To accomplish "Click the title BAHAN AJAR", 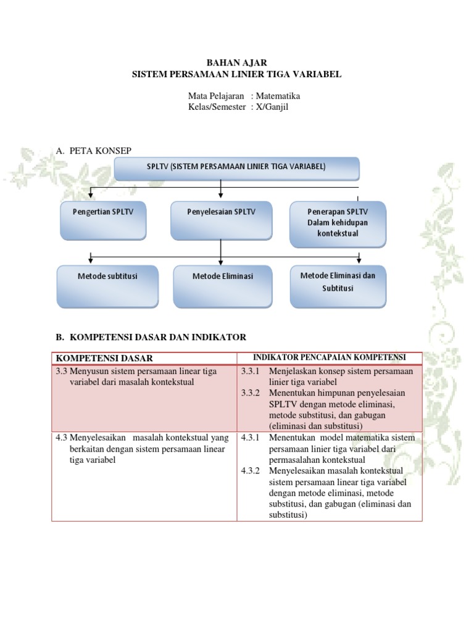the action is [x=236, y=62].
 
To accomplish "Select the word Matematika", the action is [x=278, y=96].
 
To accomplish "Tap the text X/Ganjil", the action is [x=272, y=107].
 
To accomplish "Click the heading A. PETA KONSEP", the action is [x=94, y=151].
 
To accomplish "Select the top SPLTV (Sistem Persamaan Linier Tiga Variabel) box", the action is [x=236, y=168].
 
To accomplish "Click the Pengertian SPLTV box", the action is [x=103, y=220].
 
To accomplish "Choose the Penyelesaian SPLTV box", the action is [x=222, y=220].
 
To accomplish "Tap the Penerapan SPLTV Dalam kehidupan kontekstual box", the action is [x=338, y=224].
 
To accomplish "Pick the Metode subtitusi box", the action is [x=107, y=286].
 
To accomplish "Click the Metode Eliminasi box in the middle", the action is [x=223, y=286].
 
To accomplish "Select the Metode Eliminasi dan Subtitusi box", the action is [x=338, y=286].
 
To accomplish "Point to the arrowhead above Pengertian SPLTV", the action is [x=91, y=195].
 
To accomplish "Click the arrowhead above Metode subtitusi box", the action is [x=91, y=260].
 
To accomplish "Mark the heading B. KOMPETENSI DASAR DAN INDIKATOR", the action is [x=151, y=338].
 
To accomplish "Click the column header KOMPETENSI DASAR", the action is [x=104, y=359].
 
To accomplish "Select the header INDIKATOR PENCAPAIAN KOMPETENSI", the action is [x=330, y=357].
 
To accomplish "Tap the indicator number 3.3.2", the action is [x=251, y=393].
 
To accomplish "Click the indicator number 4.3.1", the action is [x=251, y=438].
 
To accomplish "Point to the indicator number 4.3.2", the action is [x=251, y=471].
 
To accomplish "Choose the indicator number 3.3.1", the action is [x=251, y=371].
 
